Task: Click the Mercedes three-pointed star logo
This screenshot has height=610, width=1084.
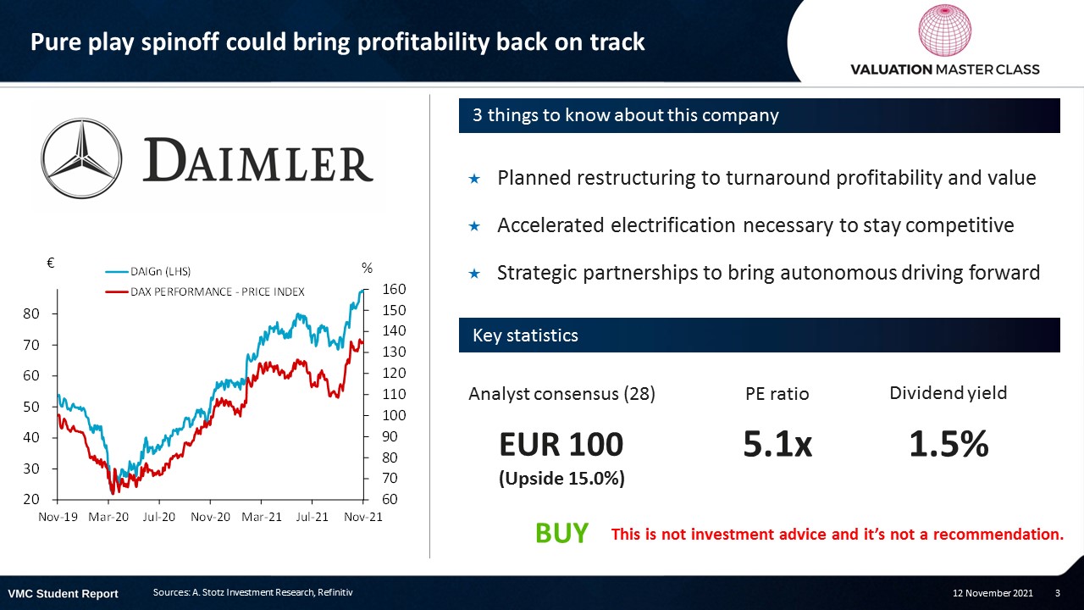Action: [81, 158]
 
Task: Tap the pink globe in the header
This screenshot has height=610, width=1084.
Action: [944, 30]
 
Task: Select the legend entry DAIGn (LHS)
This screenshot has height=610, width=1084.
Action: [148, 272]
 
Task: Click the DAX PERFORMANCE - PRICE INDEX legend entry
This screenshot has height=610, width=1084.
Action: [205, 292]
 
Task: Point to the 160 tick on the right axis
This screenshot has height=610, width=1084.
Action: [394, 289]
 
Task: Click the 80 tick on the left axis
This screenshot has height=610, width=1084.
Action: [31, 313]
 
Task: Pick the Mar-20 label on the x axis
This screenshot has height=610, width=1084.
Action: [108, 517]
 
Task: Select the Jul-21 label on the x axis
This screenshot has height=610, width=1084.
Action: [312, 517]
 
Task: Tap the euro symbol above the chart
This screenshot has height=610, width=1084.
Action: [50, 263]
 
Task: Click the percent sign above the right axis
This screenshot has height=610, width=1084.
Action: [367, 268]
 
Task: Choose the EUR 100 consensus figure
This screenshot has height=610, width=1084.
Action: [561, 445]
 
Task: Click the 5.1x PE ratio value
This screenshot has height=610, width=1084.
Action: [777, 443]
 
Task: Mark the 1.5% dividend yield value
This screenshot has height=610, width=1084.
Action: [948, 443]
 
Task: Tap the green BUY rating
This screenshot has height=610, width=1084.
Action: [561, 533]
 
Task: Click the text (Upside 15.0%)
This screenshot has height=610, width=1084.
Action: [561, 479]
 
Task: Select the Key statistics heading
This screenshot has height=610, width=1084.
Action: [525, 335]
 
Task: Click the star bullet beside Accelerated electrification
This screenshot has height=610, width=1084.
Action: [474, 226]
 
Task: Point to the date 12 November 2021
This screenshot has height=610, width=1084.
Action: [993, 593]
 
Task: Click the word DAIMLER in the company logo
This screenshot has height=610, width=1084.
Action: [258, 160]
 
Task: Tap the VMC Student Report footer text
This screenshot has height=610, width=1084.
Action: [64, 594]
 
